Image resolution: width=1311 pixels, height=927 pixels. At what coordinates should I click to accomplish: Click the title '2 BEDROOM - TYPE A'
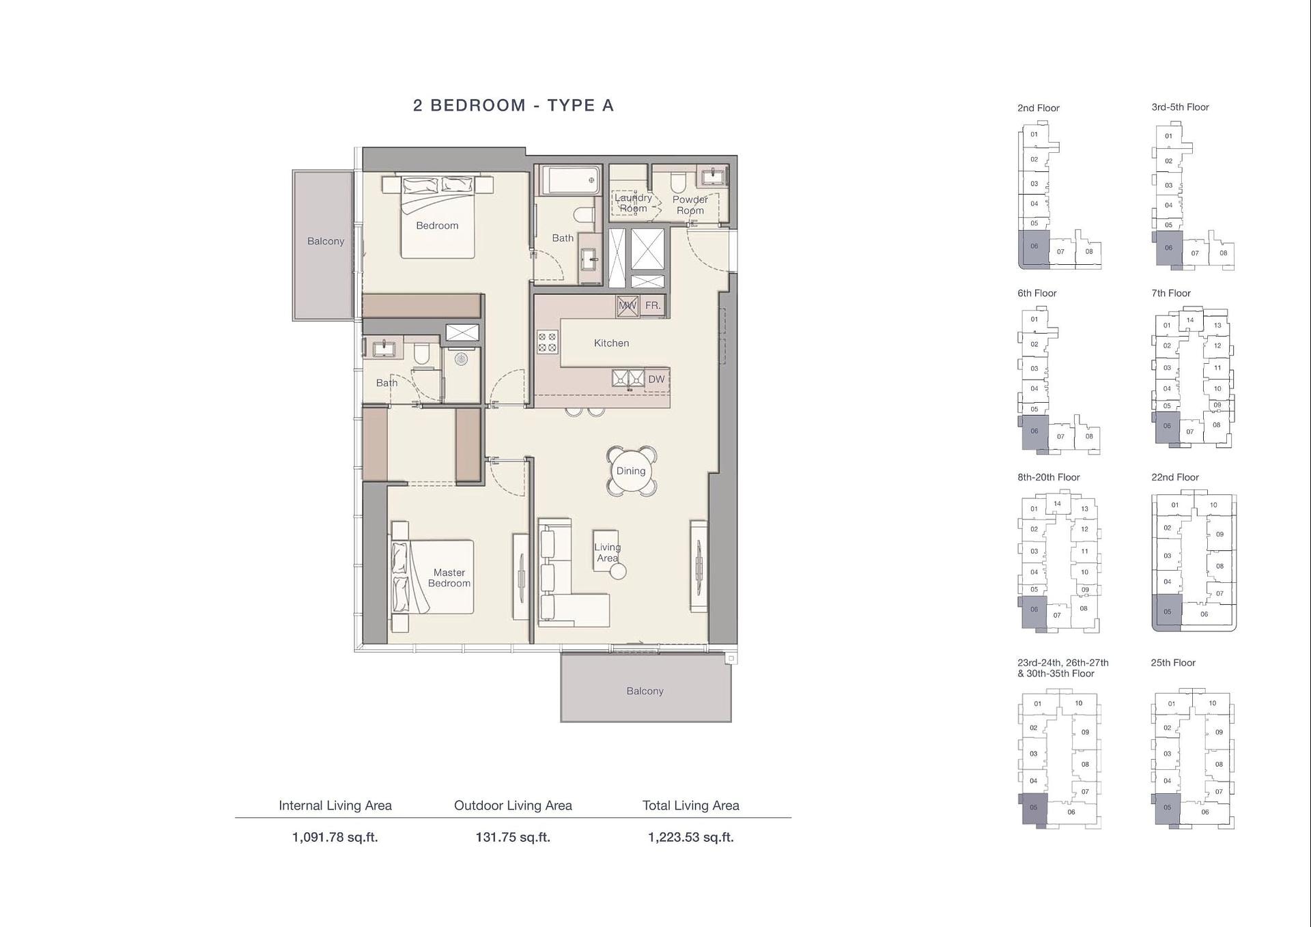513,105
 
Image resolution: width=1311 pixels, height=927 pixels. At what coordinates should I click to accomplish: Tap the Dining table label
631,471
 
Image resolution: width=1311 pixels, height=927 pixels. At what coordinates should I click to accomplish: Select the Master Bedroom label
449,577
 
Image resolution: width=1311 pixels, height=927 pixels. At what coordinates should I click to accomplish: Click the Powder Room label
690,205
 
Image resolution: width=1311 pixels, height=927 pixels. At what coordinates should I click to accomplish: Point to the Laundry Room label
634,203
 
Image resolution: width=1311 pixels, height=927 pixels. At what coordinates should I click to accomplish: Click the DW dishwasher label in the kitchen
656,380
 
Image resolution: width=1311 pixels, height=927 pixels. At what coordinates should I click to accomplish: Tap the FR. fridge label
653,306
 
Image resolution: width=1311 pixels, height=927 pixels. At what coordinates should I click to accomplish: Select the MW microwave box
627,306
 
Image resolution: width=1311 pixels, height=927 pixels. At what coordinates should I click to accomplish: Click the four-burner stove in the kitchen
548,342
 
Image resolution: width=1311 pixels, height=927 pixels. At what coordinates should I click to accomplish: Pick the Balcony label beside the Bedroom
326,241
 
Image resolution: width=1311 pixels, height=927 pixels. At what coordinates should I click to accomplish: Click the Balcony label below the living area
645,691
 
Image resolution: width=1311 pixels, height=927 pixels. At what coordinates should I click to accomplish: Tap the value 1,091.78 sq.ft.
335,838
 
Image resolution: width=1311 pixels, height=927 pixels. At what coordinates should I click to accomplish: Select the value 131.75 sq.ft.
513,838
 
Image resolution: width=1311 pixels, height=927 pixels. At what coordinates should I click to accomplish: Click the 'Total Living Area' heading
691,805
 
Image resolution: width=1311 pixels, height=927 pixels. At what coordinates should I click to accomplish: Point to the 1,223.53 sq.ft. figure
691,838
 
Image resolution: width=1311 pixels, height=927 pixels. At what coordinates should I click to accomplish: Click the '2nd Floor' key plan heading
1039,108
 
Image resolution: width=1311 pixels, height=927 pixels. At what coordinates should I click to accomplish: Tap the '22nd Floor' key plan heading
1175,477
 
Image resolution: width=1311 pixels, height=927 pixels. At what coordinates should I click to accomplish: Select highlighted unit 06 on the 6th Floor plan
1034,432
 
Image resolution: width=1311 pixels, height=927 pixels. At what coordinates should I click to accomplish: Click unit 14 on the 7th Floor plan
1190,319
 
